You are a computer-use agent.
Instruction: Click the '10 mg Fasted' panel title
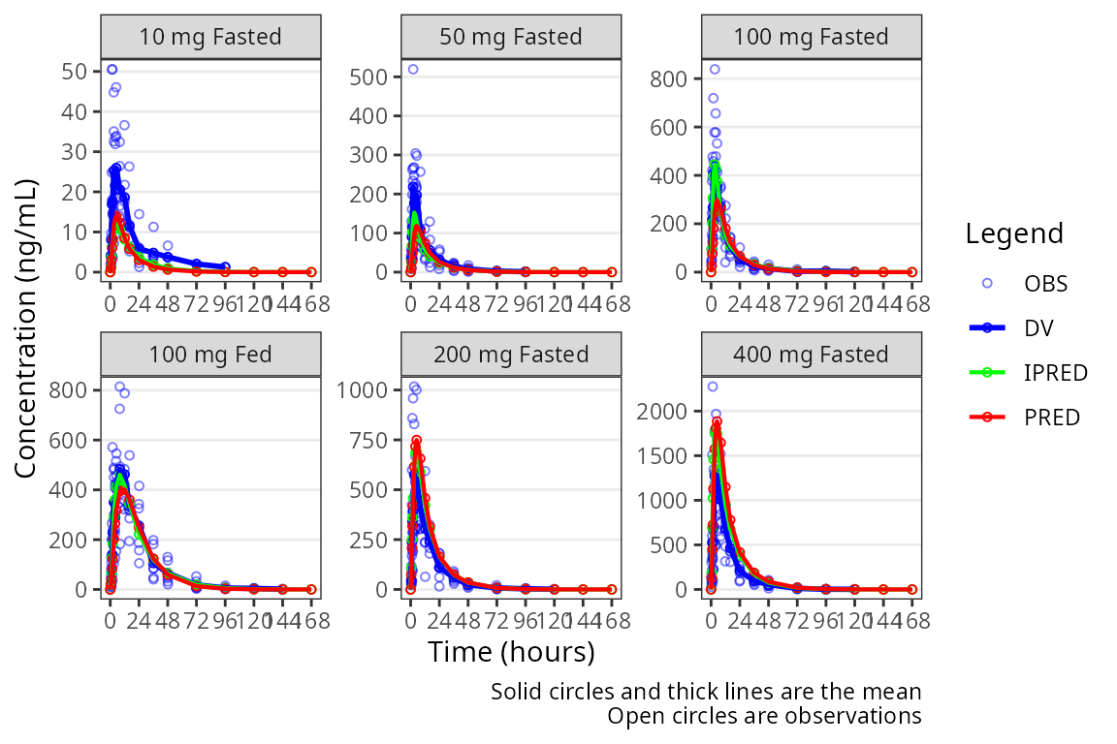click(210, 37)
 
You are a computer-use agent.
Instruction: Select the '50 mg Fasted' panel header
click(511, 37)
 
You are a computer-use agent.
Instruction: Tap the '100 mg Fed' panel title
click(210, 354)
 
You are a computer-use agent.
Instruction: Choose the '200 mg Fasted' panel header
click(511, 354)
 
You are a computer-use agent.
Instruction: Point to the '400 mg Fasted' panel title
click(812, 354)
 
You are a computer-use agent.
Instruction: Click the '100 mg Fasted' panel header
click(812, 37)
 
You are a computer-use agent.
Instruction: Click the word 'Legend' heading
click(1014, 233)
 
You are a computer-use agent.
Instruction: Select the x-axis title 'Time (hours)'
click(511, 652)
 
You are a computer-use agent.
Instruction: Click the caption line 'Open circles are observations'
click(763, 717)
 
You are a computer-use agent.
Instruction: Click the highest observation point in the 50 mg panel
click(412, 69)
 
